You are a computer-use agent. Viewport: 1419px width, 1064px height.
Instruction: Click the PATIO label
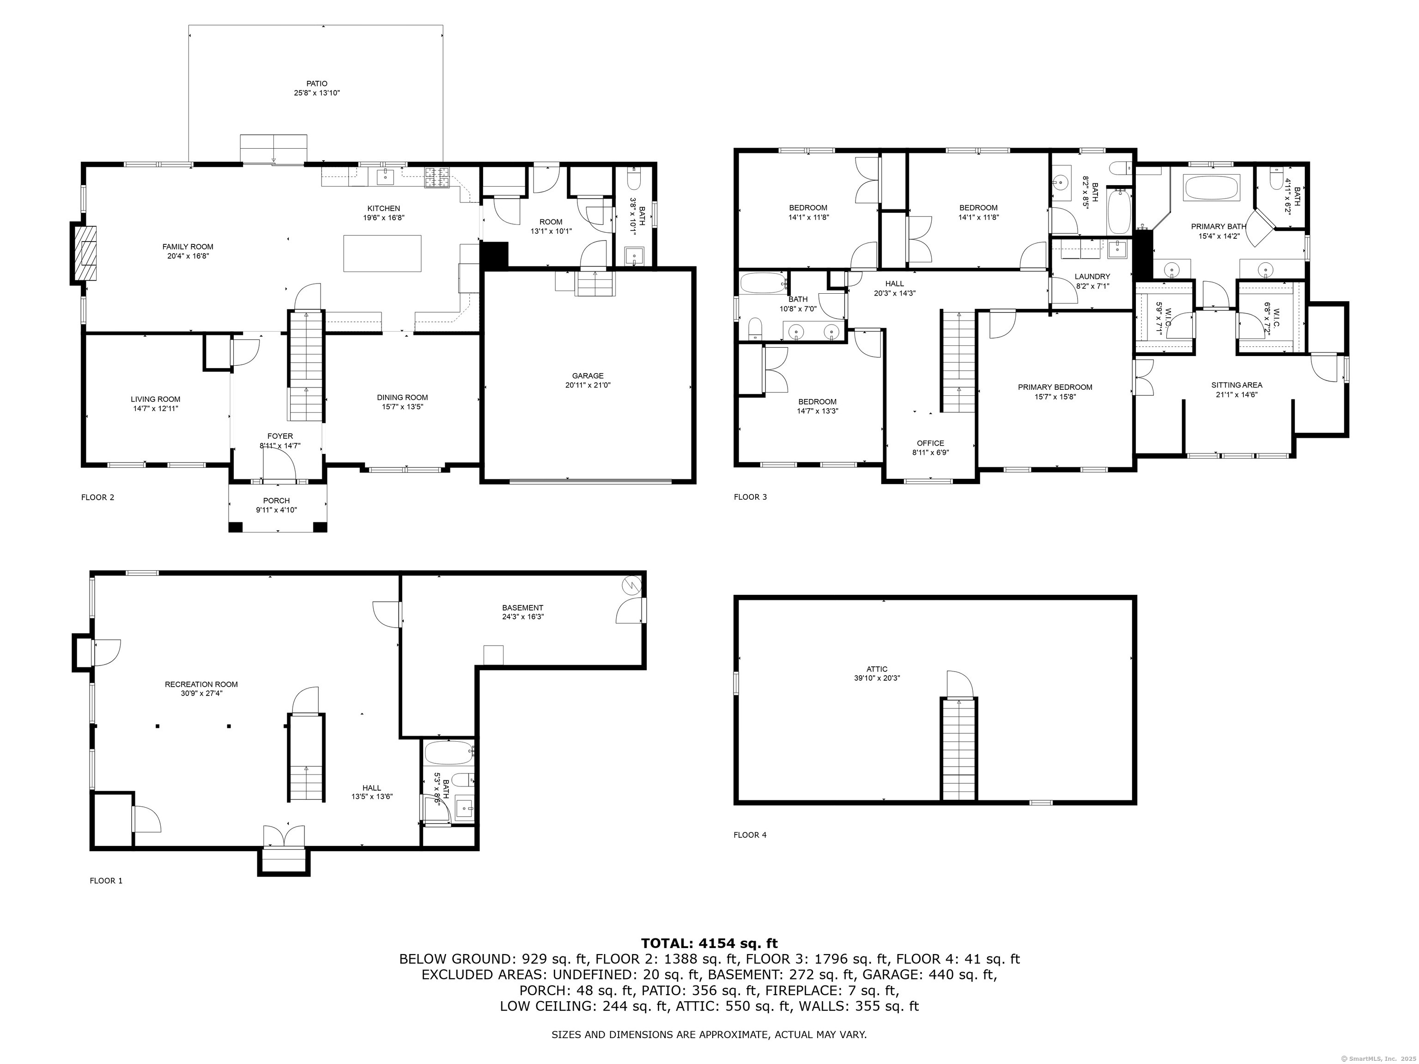pyautogui.click(x=316, y=84)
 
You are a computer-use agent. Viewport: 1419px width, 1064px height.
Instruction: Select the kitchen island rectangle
pyautogui.click(x=383, y=254)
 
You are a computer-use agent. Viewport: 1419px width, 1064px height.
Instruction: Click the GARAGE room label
pyautogui.click(x=588, y=376)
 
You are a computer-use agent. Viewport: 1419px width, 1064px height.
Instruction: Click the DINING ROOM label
pyautogui.click(x=402, y=398)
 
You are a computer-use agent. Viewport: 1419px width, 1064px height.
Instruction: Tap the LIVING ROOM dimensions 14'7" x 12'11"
pyautogui.click(x=155, y=408)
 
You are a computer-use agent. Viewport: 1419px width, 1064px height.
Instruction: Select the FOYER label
pyautogui.click(x=280, y=436)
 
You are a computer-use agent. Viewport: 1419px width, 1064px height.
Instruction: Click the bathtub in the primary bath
pyautogui.click(x=1208, y=188)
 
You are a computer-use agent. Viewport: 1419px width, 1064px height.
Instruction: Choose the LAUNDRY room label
pyautogui.click(x=1092, y=277)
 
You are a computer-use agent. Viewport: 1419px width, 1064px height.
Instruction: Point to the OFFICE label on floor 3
pyautogui.click(x=930, y=443)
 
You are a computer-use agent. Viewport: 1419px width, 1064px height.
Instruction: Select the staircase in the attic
pyautogui.click(x=958, y=749)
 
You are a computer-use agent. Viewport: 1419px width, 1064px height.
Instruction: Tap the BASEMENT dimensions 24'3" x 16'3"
pyautogui.click(x=523, y=617)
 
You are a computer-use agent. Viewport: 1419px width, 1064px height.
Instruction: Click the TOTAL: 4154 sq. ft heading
pyautogui.click(x=709, y=943)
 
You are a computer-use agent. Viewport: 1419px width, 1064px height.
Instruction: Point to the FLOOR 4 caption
pyautogui.click(x=750, y=835)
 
